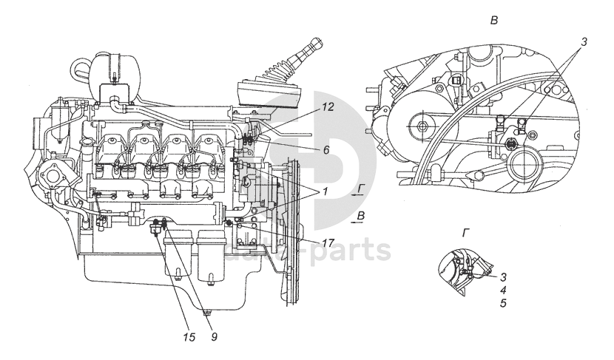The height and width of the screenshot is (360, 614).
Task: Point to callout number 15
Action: tap(189, 337)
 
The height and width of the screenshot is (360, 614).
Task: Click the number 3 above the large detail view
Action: tap(584, 41)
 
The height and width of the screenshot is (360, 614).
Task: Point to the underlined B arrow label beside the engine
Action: tap(360, 215)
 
